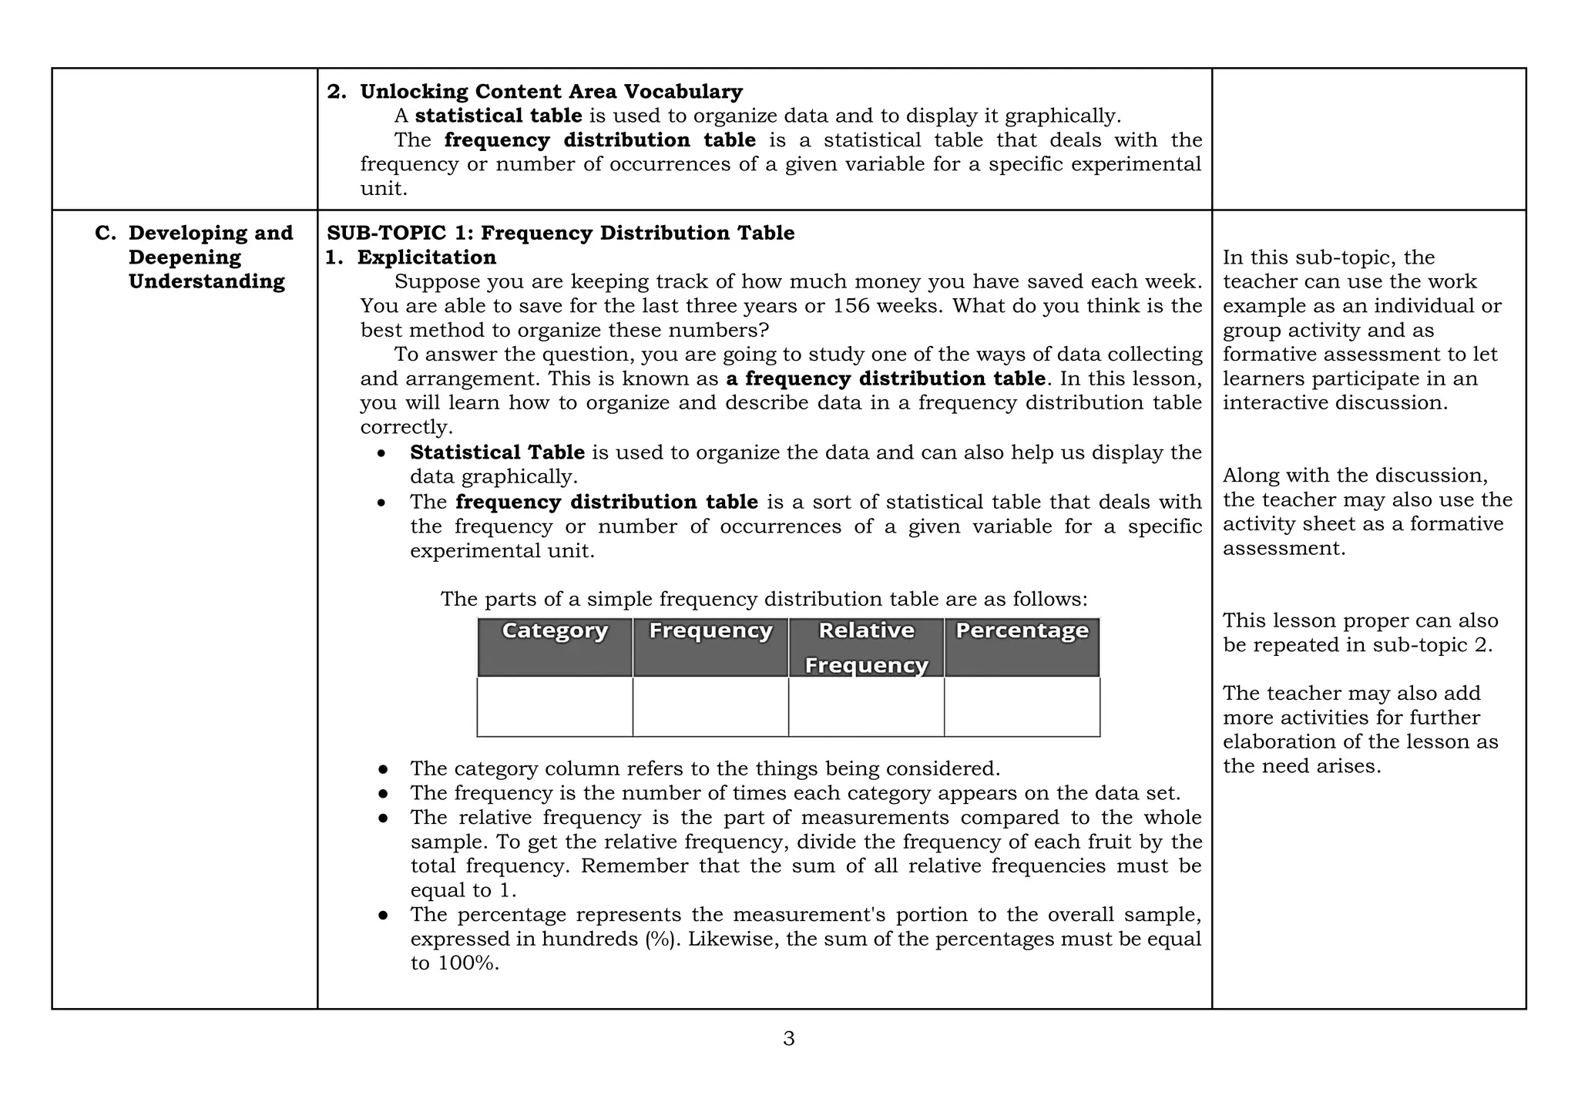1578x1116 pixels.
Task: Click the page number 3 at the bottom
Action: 788,1039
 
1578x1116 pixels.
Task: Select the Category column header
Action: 555,631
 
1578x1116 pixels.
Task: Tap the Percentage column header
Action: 1022,631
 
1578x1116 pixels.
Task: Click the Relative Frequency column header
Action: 866,647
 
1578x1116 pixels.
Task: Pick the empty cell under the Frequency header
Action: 710,707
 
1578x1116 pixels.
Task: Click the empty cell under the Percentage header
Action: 1022,707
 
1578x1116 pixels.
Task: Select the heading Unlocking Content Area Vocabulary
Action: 551,92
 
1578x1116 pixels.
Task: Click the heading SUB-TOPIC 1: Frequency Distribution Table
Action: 560,233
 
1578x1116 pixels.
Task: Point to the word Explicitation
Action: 426,257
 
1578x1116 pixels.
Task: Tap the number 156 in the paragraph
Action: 851,306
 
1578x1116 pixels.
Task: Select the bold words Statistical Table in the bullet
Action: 497,452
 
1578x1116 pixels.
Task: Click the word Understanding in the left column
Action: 206,281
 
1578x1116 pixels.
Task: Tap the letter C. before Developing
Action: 105,233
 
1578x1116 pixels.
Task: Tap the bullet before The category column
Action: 383,769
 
